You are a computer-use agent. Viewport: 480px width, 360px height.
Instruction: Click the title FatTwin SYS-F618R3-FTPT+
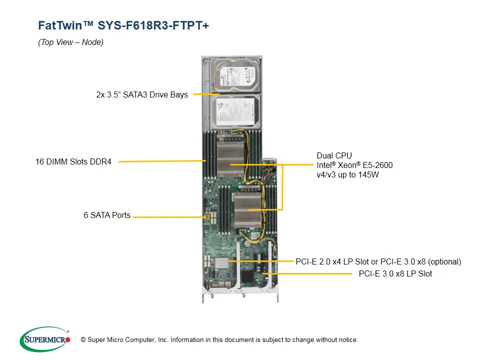pyautogui.click(x=123, y=25)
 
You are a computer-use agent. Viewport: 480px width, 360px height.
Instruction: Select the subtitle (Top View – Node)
pyautogui.click(x=70, y=42)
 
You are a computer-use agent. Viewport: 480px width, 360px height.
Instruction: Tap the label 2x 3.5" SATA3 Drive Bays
pyautogui.click(x=142, y=94)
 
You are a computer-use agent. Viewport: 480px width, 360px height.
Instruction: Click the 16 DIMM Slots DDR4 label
pyautogui.click(x=73, y=162)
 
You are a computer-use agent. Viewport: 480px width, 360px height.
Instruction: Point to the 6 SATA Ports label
pyautogui.click(x=107, y=215)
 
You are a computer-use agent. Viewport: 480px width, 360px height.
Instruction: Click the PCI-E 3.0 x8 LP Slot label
pyautogui.click(x=395, y=273)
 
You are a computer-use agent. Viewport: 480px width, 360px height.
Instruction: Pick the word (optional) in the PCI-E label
pyautogui.click(x=444, y=261)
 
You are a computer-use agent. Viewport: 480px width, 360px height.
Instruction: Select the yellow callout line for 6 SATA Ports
pyautogui.click(x=167, y=217)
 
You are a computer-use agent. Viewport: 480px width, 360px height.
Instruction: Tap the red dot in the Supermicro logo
pyautogui.click(x=68, y=340)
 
